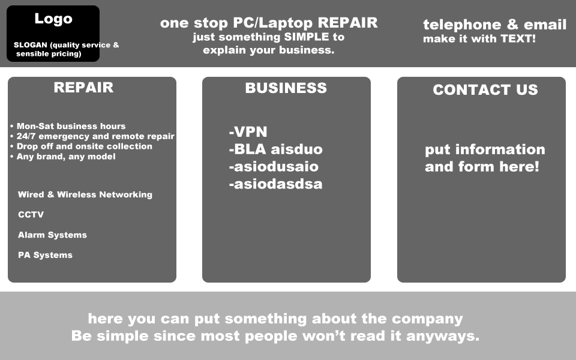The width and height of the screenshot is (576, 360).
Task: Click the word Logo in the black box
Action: coord(53,19)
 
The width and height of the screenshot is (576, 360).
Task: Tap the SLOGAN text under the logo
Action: coord(66,49)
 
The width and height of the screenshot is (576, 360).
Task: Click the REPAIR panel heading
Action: coord(83,88)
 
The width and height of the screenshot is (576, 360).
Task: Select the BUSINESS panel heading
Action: coord(286,88)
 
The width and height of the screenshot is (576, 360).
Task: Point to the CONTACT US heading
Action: coord(485,90)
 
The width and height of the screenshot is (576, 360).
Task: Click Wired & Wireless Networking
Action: coord(85,194)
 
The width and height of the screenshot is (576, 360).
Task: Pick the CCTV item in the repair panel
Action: coord(31,215)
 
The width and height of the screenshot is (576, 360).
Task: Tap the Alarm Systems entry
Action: coord(52,235)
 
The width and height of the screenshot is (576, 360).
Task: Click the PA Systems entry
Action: coord(45,255)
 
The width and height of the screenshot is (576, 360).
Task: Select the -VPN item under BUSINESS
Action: coord(248,132)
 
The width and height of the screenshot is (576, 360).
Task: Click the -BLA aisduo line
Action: coord(275,149)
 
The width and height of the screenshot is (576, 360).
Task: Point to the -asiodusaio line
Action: coord(274,167)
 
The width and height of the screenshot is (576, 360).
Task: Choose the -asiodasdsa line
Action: coord(275,184)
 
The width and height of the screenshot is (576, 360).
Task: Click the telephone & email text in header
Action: coord(494,25)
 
